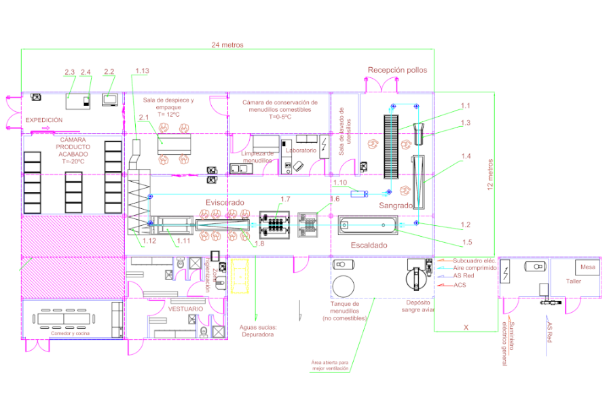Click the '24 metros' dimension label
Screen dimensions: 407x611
pyautogui.click(x=227, y=45)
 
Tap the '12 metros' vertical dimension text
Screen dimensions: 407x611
pyautogui.click(x=491, y=175)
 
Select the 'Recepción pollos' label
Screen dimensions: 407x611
pyautogui.click(x=399, y=70)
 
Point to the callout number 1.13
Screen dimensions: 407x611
pyautogui.click(x=142, y=71)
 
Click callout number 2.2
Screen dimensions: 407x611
pyautogui.click(x=109, y=71)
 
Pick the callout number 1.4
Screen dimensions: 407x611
pyautogui.click(x=465, y=156)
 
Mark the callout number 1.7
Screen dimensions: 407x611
pyautogui.click(x=285, y=199)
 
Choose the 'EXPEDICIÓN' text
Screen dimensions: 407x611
pyautogui.click(x=44, y=120)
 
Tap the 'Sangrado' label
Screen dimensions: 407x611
pyautogui.click(x=395, y=205)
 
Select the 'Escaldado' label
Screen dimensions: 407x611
pyautogui.click(x=369, y=245)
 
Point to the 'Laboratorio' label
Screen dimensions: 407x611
pyautogui.click(x=301, y=150)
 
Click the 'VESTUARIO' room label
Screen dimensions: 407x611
pyautogui.click(x=185, y=309)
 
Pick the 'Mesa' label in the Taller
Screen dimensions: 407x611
pyautogui.click(x=587, y=267)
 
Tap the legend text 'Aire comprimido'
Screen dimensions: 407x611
pyautogui.click(x=475, y=268)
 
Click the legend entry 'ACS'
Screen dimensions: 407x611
pyautogui.click(x=460, y=285)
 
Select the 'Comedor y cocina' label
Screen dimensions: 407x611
pyautogui.click(x=70, y=334)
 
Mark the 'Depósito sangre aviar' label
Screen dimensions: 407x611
pyautogui.click(x=416, y=308)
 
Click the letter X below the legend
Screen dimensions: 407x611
pyautogui.click(x=466, y=327)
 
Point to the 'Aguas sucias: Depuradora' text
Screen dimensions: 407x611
pyautogui.click(x=257, y=330)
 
